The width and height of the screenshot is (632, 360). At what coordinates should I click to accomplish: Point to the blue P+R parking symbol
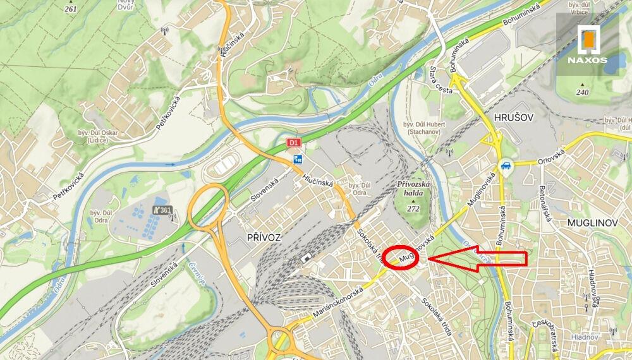[x=297, y=160]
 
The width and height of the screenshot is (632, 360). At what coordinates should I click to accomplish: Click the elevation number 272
[x=414, y=208]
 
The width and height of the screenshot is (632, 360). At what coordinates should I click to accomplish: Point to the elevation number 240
[x=582, y=92]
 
